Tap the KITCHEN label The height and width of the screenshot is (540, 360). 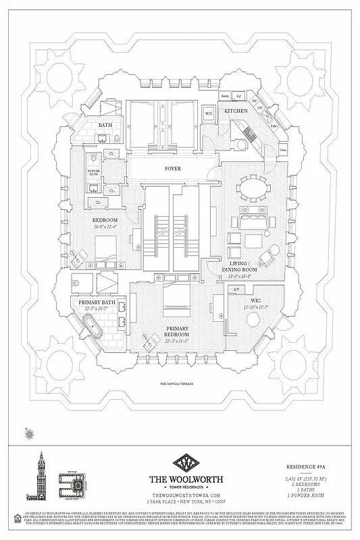(x=236, y=111)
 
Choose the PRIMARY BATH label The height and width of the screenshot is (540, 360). (x=98, y=303)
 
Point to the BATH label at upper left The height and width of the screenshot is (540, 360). (x=105, y=125)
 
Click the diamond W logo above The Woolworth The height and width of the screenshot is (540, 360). (x=180, y=464)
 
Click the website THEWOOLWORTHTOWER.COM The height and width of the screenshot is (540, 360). (x=180, y=496)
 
